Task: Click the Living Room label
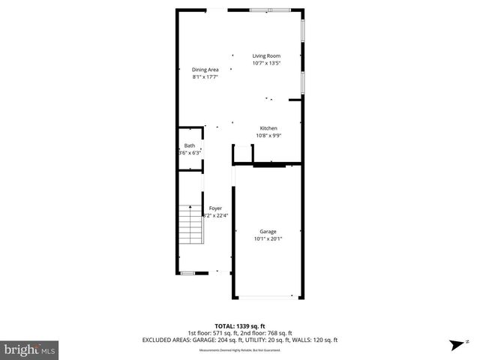pos(265,55)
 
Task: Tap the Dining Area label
pos(205,70)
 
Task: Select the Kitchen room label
pos(269,128)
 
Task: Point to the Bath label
pos(190,145)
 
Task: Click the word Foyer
pos(215,208)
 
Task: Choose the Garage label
pos(268,232)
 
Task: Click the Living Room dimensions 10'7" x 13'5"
pos(265,63)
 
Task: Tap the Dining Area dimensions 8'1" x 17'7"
pos(205,76)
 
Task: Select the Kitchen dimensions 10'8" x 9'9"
pos(269,136)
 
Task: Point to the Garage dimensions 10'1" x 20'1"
pos(268,239)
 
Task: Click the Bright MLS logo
pos(30,349)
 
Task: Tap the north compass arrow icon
pos(455,345)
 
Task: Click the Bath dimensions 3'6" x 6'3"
pos(190,153)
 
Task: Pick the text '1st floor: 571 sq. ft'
pos(212,333)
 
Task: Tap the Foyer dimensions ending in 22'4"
pos(216,215)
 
